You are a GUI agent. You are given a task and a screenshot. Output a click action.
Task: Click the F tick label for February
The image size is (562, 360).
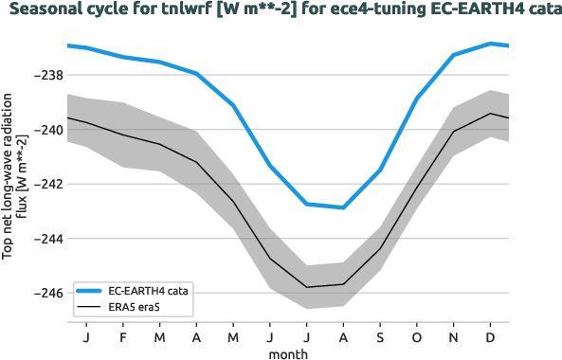tap(123, 337)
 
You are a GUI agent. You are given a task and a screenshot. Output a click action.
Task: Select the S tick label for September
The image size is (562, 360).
tap(380, 337)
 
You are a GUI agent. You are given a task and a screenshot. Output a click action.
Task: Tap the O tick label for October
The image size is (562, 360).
tap(417, 337)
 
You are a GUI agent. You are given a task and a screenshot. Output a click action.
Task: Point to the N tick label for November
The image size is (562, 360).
tap(454, 337)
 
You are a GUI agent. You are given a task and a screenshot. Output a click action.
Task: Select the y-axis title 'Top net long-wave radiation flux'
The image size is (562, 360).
tap(13, 175)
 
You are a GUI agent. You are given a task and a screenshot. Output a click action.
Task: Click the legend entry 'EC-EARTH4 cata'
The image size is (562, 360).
tap(150, 291)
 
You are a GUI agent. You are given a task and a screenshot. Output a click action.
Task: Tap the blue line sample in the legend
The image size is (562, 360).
tap(90, 291)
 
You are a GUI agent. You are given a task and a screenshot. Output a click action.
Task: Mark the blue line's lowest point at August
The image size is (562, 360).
tap(343, 207)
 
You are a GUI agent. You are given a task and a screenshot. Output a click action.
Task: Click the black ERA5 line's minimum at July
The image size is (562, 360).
tap(307, 287)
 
